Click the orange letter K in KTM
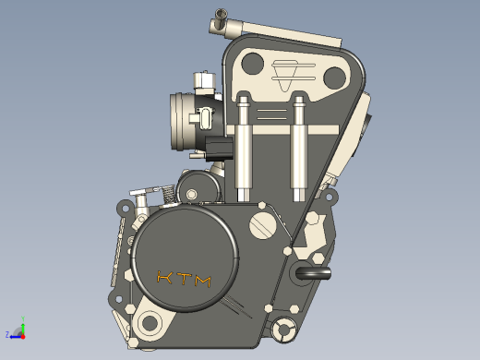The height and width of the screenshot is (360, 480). tap(164, 277)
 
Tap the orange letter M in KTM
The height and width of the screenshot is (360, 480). tap(203, 281)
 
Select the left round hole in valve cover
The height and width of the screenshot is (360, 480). tap(253, 64)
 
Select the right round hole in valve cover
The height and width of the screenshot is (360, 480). tap(334, 78)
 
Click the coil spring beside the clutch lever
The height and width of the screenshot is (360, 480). tap(168, 194)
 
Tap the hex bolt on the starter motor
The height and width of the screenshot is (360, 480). tap(191, 194)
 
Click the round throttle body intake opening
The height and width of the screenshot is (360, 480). tap(178, 122)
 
